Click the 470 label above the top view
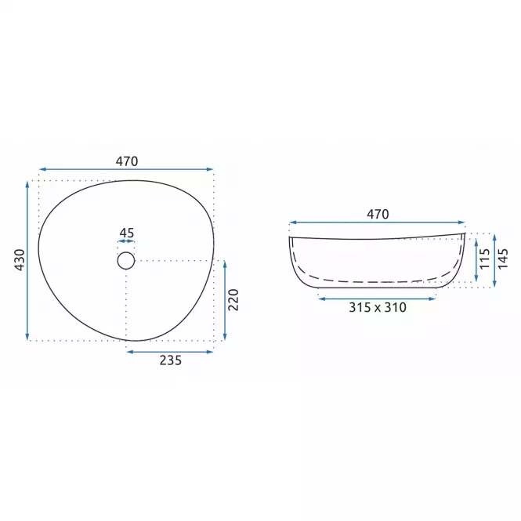coord(127,161)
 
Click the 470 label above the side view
coord(378,215)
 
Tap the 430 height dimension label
coord(20,260)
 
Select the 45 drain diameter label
coord(127,233)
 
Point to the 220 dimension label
coord(233,300)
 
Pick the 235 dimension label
coord(171,360)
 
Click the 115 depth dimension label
coord(485,259)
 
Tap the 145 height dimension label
coord(503,259)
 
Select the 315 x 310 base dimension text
coord(378,308)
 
